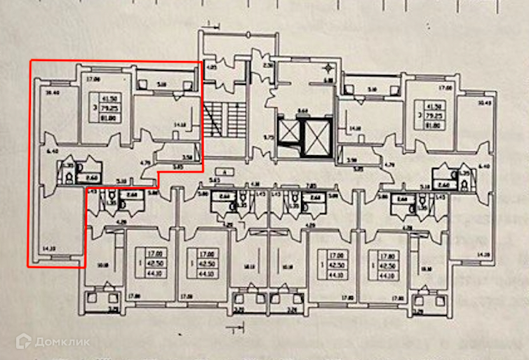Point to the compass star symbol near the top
(327, 68)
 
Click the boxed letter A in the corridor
(222, 171)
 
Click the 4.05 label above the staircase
(211, 68)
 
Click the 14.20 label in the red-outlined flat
(48, 248)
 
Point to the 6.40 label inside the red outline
(49, 151)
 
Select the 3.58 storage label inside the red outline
(187, 157)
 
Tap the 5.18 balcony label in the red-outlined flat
(162, 84)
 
